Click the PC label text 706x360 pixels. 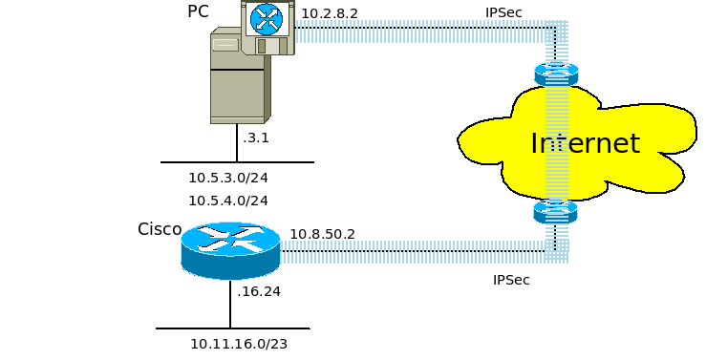pyautogui.click(x=198, y=11)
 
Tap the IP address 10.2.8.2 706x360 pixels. pyautogui.click(x=330, y=13)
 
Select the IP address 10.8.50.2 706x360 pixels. pyautogui.click(x=322, y=234)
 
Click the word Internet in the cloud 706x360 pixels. pyautogui.click(x=586, y=143)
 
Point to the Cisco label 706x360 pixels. pyautogui.click(x=160, y=229)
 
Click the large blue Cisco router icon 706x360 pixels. pyautogui.click(x=230, y=250)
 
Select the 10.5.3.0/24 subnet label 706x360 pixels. pyautogui.click(x=228, y=178)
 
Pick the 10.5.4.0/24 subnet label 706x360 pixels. pyautogui.click(x=228, y=201)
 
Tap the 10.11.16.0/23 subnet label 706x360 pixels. pyautogui.click(x=239, y=345)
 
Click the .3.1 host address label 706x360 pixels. pyautogui.click(x=256, y=138)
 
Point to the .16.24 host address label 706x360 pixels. pyautogui.click(x=259, y=291)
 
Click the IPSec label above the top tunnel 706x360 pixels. pyautogui.click(x=503, y=12)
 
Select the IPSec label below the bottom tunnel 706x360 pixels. pyautogui.click(x=511, y=280)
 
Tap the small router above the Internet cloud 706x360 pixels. pyautogui.click(x=556, y=74)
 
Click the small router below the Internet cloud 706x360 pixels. pyautogui.click(x=555, y=211)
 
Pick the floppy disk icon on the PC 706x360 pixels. pyautogui.click(x=267, y=28)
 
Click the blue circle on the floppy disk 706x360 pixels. pyautogui.click(x=267, y=19)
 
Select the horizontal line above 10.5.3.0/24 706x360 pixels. pyautogui.click(x=237, y=162)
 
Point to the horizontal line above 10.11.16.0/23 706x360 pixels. pyautogui.click(x=233, y=328)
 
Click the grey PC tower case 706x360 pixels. pyautogui.click(x=240, y=76)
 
